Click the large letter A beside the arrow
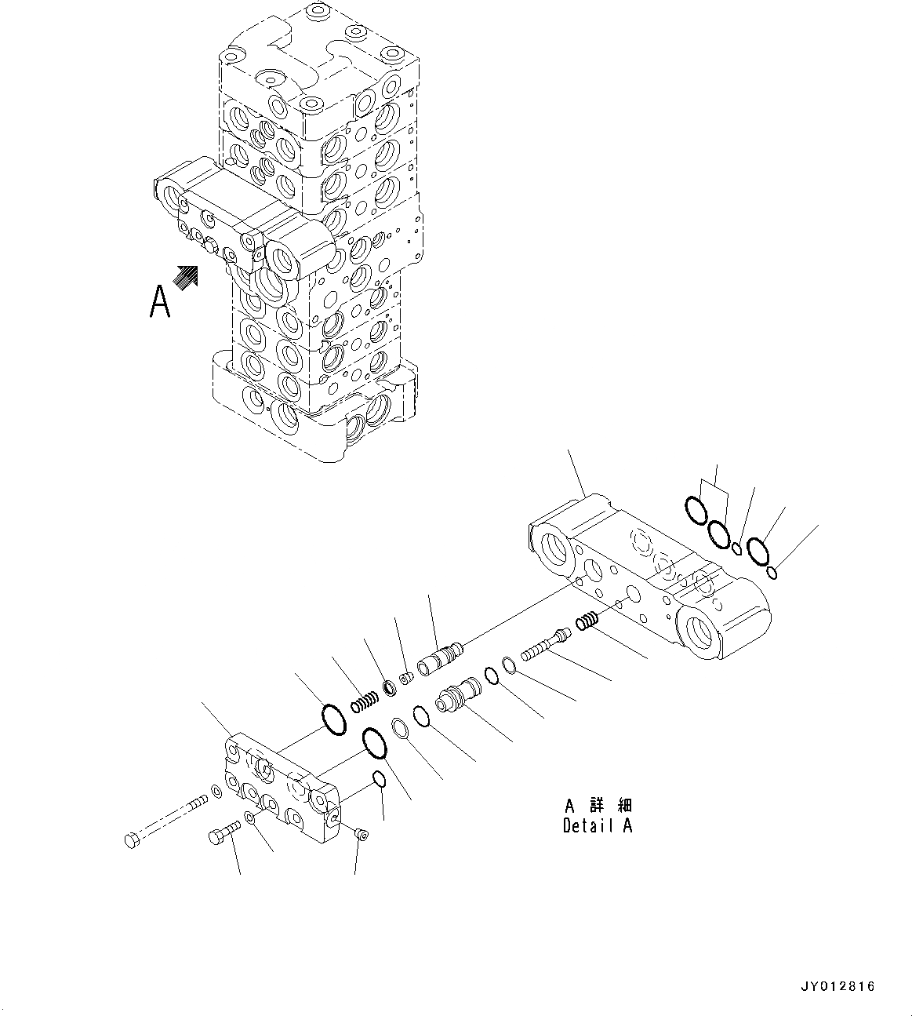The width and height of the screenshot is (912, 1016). (160, 302)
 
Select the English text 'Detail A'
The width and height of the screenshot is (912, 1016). (597, 825)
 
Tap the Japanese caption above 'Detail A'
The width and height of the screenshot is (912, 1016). (598, 806)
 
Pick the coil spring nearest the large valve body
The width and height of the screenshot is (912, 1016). (587, 621)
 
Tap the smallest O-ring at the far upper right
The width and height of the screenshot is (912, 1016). (772, 574)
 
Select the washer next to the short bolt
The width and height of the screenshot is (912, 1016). (249, 818)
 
